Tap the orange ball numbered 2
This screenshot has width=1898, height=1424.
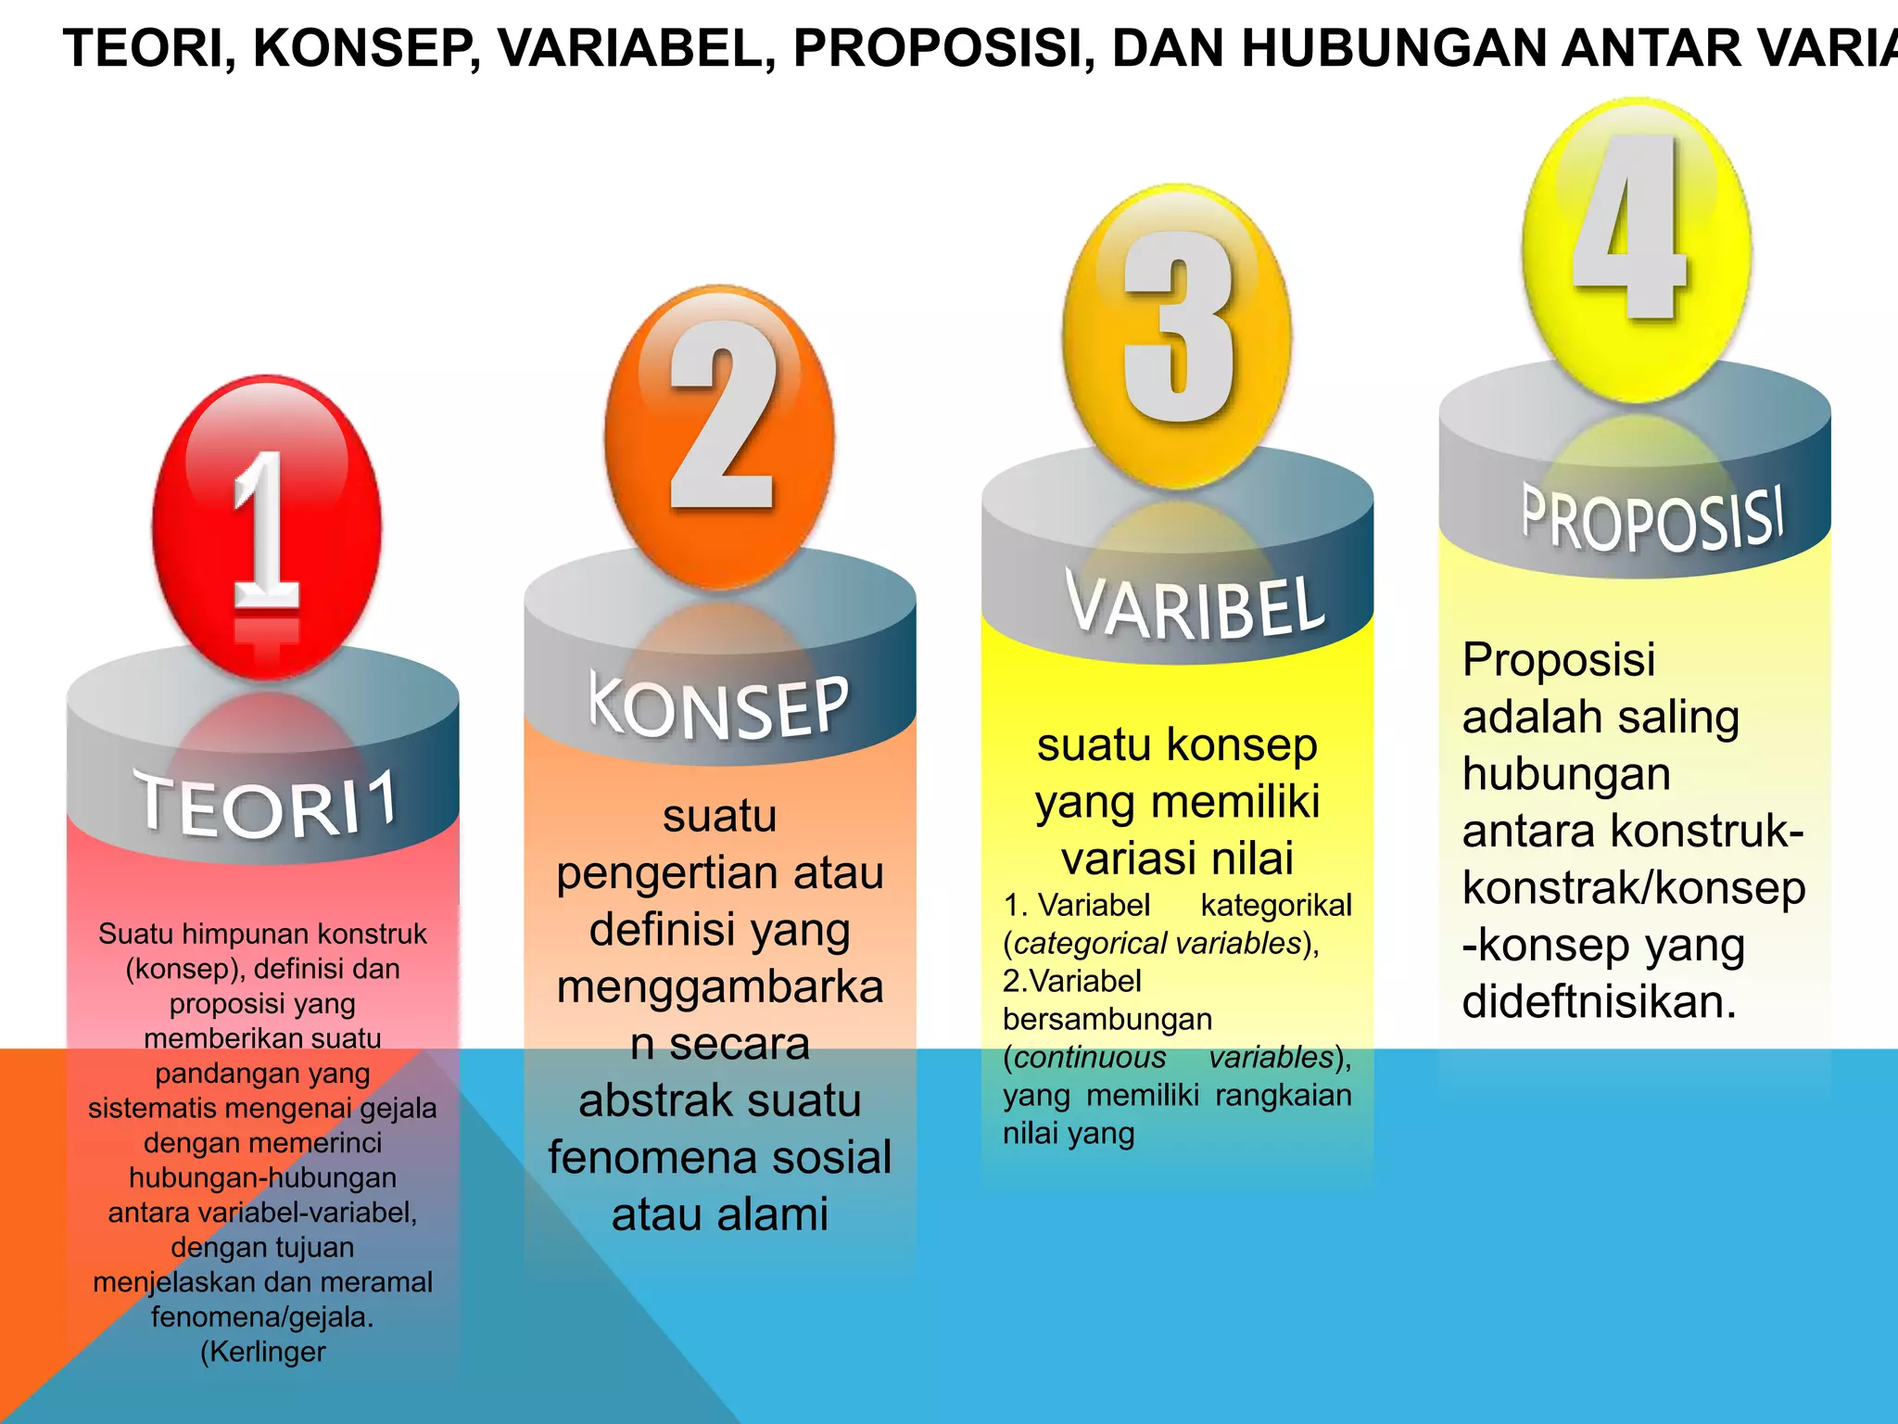(x=720, y=436)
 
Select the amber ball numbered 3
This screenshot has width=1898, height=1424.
(x=1177, y=336)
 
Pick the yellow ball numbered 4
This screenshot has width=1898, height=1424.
(x=1636, y=248)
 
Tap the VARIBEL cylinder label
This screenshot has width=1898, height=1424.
(x=1196, y=607)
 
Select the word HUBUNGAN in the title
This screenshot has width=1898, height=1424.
(x=1395, y=49)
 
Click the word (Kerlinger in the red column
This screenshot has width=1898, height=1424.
(x=263, y=1352)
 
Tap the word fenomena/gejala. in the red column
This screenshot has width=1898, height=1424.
(x=263, y=1316)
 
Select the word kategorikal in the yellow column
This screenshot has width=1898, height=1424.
(x=1276, y=905)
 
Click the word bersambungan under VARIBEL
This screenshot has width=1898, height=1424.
(x=1107, y=1019)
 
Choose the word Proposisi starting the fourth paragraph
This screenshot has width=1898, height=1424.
(x=1559, y=660)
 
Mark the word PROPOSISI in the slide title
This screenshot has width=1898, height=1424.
(x=938, y=49)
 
